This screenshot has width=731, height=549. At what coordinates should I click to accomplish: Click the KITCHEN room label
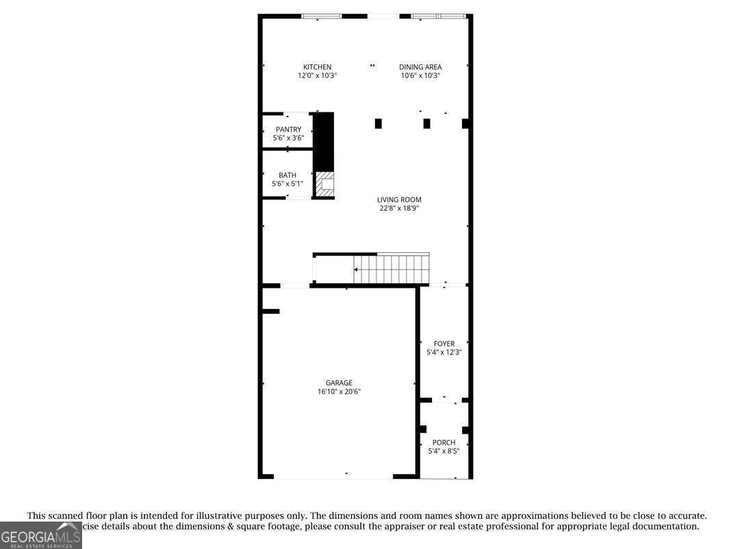point(317,67)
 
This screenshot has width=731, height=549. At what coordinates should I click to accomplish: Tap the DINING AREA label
point(420,67)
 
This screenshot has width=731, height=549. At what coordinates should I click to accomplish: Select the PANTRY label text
point(288,130)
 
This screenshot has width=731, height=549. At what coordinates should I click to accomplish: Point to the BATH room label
point(287,175)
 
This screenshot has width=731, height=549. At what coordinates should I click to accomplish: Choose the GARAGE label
point(339,383)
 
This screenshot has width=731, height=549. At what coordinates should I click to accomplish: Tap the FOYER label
point(444,344)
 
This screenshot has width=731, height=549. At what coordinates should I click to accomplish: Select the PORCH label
point(444,443)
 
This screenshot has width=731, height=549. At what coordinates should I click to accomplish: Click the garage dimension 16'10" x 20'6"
point(339,392)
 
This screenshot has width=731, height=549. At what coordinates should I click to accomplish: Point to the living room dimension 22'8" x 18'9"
point(399,208)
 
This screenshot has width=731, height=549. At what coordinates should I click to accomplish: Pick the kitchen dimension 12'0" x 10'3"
point(317,76)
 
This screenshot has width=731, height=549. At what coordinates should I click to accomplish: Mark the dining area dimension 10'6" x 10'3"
point(420,76)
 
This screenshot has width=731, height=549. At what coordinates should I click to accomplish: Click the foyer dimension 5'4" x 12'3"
point(444,353)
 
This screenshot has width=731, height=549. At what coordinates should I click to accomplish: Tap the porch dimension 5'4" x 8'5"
point(444,452)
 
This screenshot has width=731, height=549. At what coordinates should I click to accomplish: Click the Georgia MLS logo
point(40,535)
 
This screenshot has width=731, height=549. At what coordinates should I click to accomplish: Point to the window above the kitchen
point(322,16)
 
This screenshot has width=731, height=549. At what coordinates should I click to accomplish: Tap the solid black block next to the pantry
point(323,141)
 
